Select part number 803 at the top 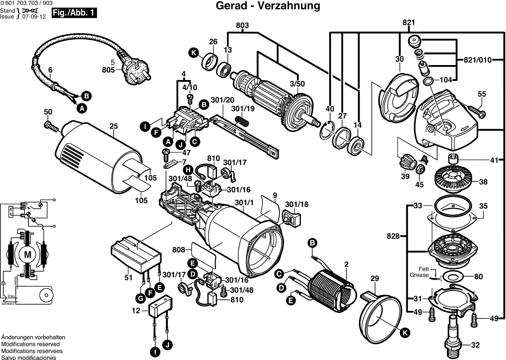242,25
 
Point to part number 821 408,22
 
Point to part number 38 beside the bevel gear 483,182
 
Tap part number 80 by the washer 478,277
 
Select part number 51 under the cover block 129,278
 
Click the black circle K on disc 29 405,333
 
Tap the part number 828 393,236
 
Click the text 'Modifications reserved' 30,344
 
